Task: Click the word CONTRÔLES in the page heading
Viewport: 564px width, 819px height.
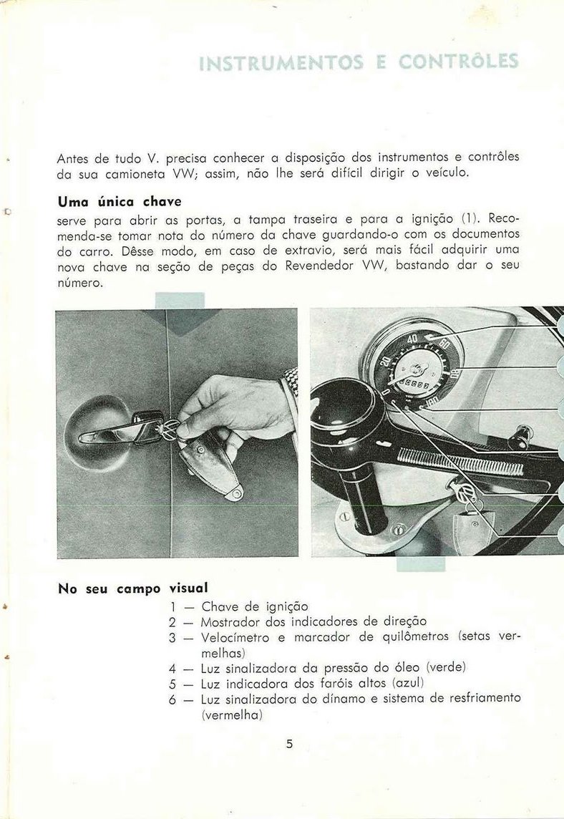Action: [459, 62]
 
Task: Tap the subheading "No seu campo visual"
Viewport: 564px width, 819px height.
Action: [132, 589]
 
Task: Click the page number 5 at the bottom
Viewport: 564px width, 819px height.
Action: [289, 744]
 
